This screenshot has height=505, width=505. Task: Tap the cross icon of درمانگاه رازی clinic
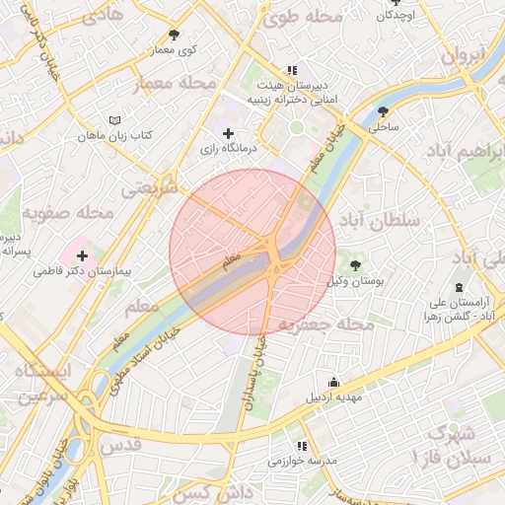tap(229, 133)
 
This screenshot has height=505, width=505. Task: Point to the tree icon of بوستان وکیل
tap(355, 264)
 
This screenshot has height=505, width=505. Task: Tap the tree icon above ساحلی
tap(383, 111)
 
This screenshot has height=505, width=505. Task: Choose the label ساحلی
tap(383, 127)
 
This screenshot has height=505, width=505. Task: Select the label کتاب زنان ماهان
tap(105, 134)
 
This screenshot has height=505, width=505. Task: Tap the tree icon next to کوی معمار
tap(175, 35)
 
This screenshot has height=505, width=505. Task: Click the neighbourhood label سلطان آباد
tap(379, 218)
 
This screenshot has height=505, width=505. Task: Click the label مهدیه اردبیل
tap(338, 397)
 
